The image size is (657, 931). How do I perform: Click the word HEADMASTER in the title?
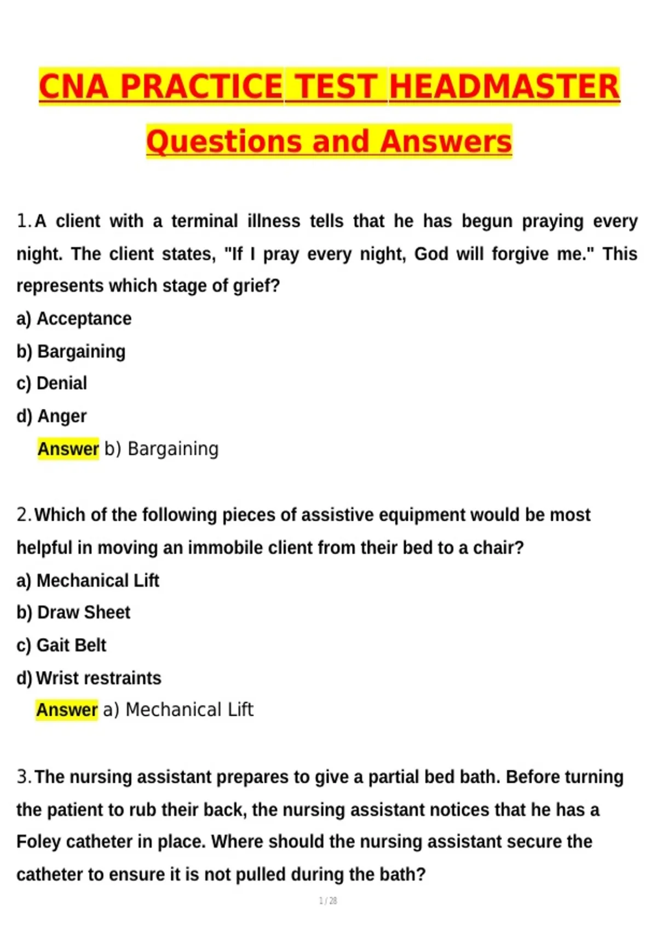pyautogui.click(x=504, y=87)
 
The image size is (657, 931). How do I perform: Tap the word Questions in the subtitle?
pyautogui.click(x=223, y=141)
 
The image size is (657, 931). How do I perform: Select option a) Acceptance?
pyautogui.click(x=74, y=319)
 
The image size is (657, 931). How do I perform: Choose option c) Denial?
pyautogui.click(x=51, y=383)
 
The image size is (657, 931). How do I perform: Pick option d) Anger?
pyautogui.click(x=51, y=416)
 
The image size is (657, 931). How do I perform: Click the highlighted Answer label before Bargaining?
pyautogui.click(x=68, y=449)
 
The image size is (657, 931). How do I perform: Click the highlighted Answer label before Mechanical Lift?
pyautogui.click(x=67, y=710)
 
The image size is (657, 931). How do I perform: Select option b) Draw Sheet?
pyautogui.click(x=73, y=612)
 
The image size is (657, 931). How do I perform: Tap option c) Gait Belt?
pyautogui.click(x=61, y=645)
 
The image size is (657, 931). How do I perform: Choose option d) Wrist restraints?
pyautogui.click(x=89, y=678)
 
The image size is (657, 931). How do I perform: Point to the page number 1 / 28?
pyautogui.click(x=328, y=901)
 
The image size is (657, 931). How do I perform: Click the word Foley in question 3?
pyautogui.click(x=38, y=842)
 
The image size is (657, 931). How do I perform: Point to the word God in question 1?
pyautogui.click(x=431, y=254)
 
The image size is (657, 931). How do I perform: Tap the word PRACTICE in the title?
pyautogui.click(x=201, y=87)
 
